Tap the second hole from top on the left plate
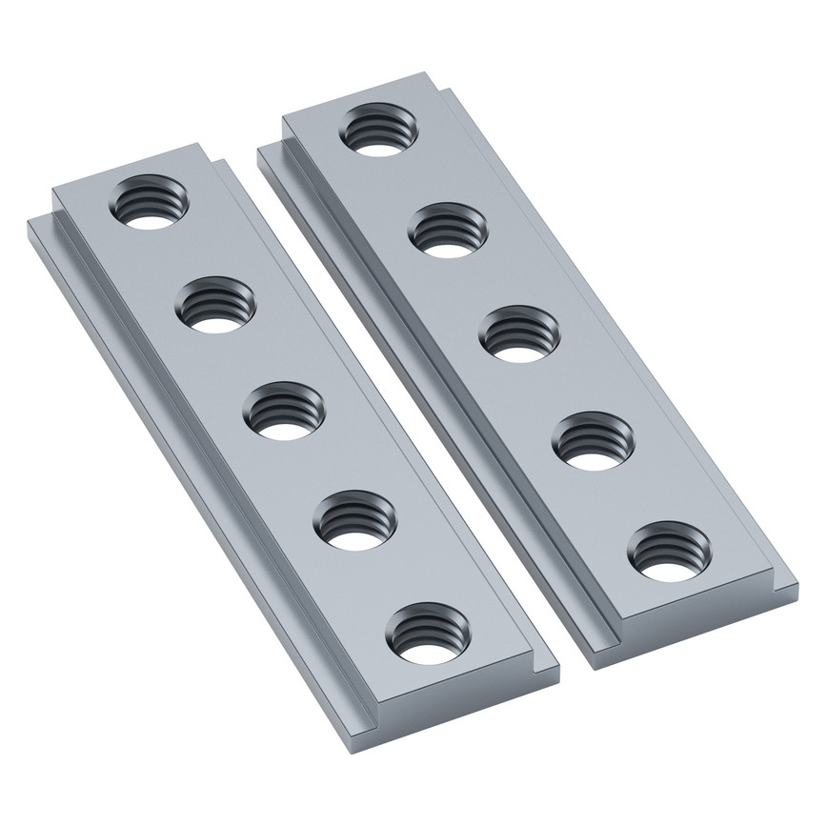pos(217,306)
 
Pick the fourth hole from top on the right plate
pos(594,440)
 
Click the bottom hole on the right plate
pos(670,552)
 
